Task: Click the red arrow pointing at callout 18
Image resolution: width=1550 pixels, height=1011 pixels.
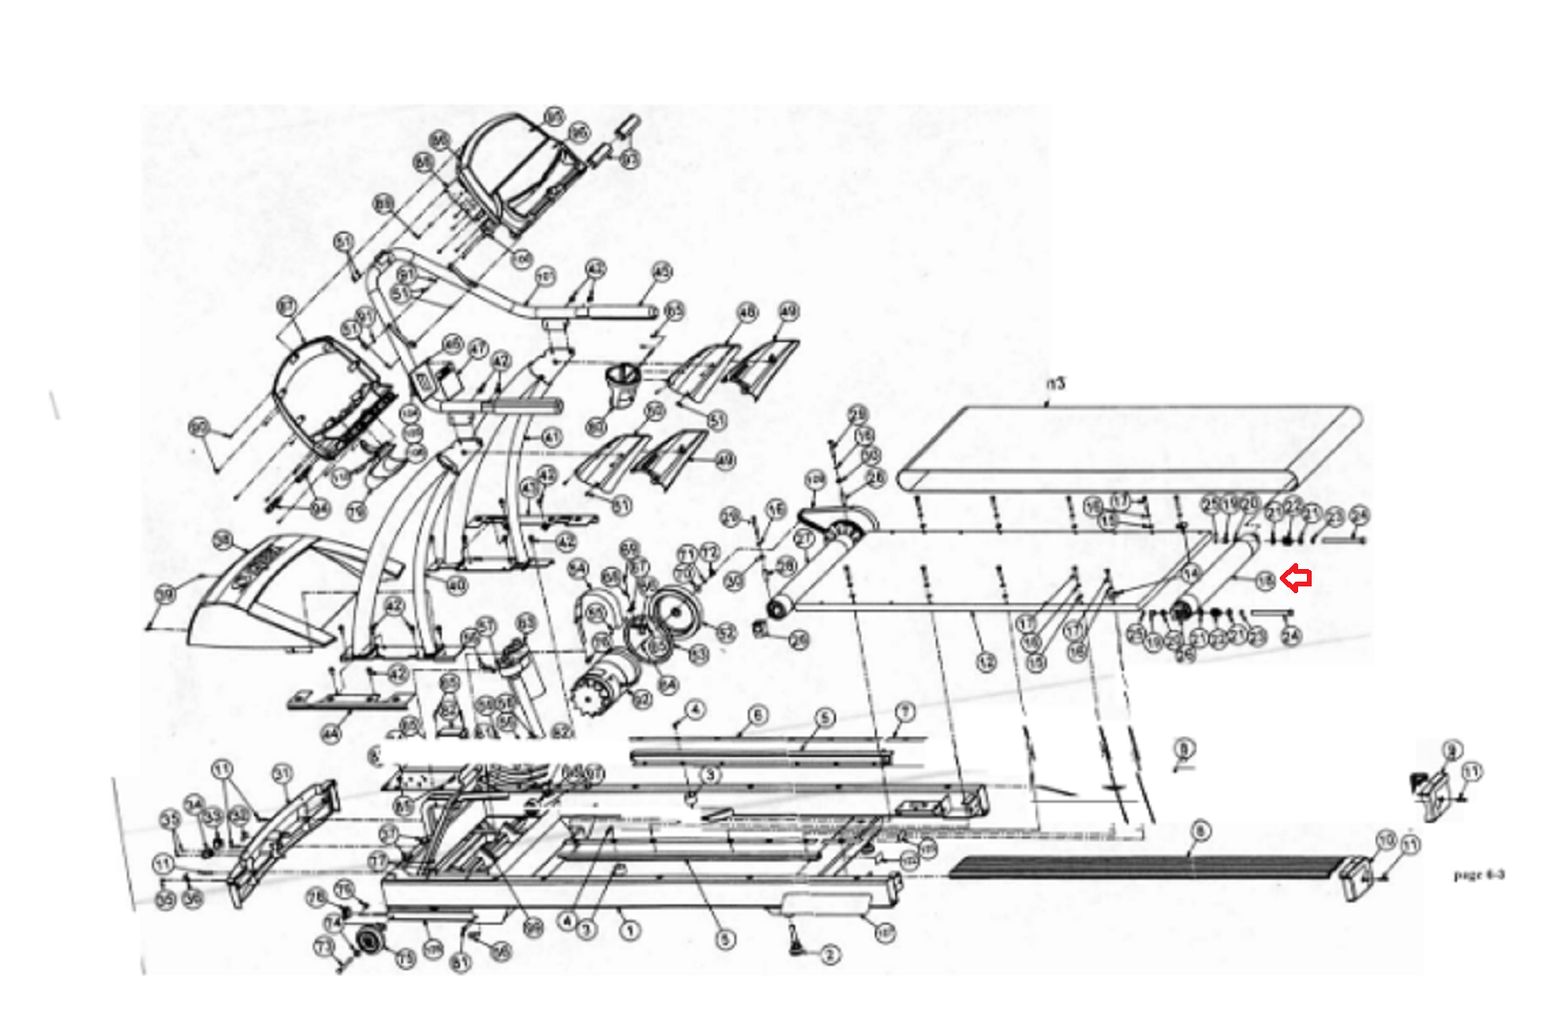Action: point(1296,579)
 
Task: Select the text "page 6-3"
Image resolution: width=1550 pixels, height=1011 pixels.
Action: point(1478,874)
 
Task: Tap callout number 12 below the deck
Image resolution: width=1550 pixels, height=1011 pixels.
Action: point(986,663)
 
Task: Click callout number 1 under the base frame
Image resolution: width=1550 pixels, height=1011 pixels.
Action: point(630,931)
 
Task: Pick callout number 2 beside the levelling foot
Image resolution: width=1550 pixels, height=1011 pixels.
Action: point(829,955)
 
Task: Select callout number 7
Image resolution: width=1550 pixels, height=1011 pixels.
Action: point(905,712)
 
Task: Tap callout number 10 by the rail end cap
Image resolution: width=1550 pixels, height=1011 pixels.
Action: point(1386,839)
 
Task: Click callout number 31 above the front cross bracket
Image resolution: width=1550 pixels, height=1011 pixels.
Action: point(282,774)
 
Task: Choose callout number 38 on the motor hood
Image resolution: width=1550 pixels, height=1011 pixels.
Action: point(224,540)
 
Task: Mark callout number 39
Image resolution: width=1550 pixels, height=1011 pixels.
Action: point(167,593)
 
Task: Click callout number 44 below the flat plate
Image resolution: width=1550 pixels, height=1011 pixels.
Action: point(332,735)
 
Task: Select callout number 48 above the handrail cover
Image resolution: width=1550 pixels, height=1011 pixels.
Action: point(747,312)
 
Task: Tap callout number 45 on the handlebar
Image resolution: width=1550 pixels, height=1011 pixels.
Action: point(662,271)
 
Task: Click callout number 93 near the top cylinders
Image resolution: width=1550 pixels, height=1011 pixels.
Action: point(631,159)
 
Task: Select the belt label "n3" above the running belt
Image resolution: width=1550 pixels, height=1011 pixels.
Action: point(1056,384)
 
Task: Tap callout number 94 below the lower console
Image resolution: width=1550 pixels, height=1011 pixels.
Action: point(320,509)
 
